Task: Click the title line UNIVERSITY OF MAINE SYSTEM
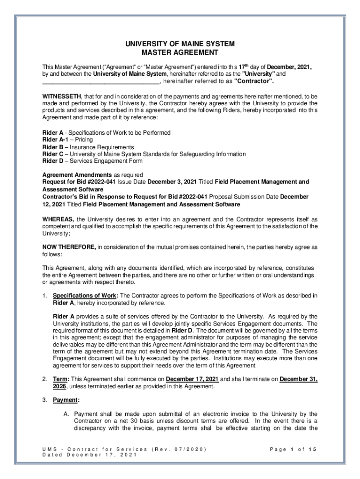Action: pos(180,44)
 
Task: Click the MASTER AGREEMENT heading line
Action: pos(180,53)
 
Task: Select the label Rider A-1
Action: pos(53,140)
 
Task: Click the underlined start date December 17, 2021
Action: pos(192,379)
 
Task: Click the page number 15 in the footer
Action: pos(312,450)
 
